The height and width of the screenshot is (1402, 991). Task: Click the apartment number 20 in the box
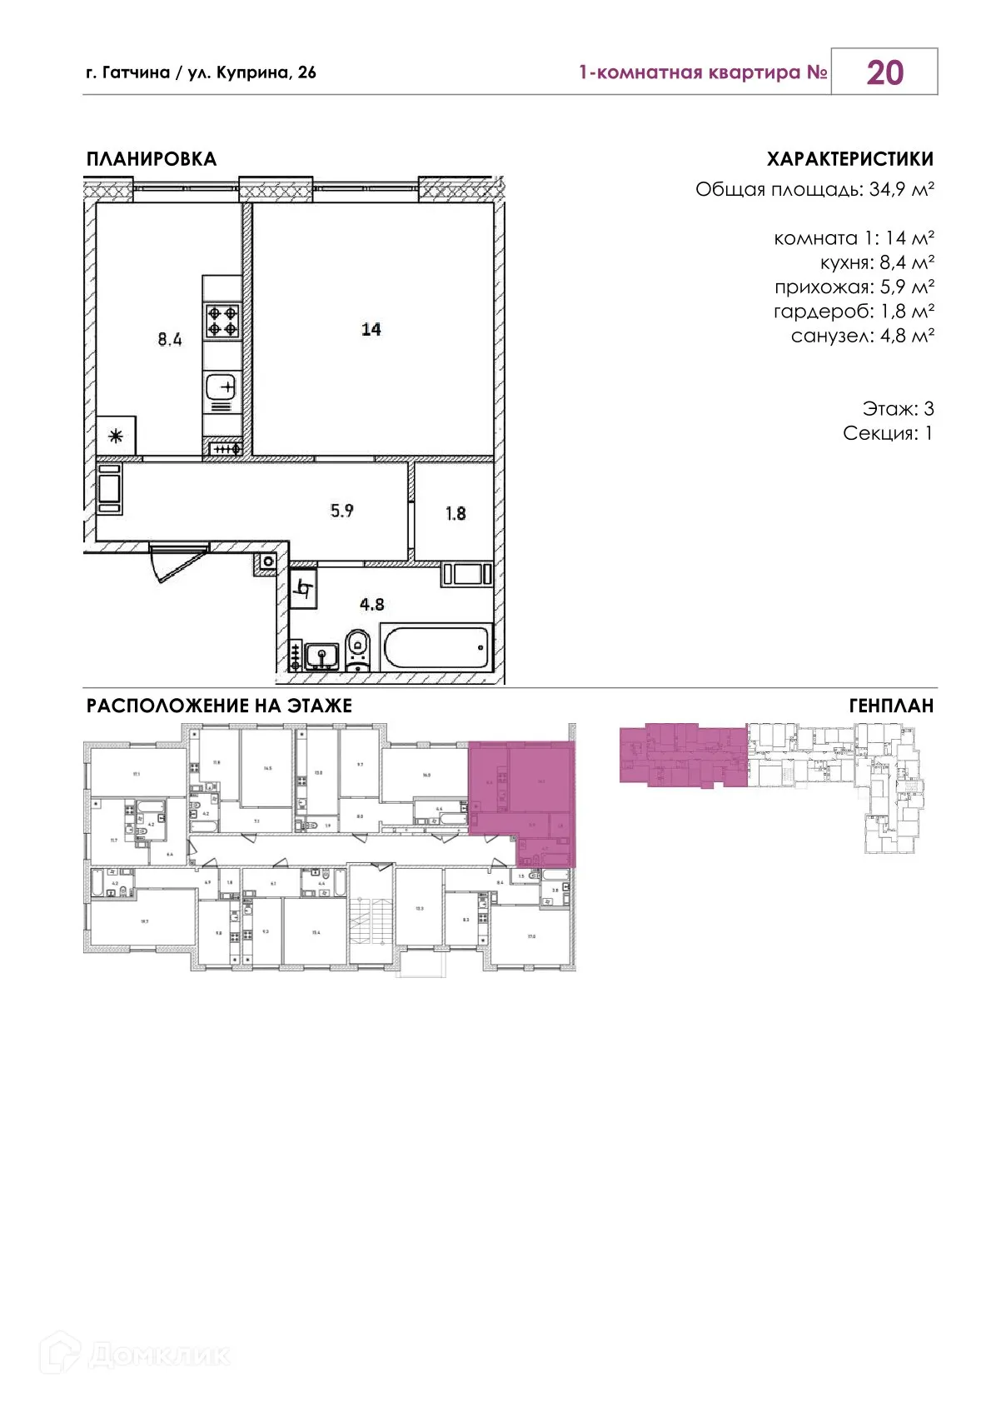pos(884,72)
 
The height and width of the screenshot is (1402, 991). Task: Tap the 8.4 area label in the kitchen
pos(170,339)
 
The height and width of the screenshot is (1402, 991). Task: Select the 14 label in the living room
pos(371,329)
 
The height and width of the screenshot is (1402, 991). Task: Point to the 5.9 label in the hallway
pos(342,511)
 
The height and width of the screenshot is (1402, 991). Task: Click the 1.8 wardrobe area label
pos(456,513)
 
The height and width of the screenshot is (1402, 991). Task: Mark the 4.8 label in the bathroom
pos(371,604)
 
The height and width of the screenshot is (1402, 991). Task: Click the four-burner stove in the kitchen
pos(223,321)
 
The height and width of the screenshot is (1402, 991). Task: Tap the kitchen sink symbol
pos(222,387)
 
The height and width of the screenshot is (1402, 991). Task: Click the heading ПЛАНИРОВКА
pos(152,159)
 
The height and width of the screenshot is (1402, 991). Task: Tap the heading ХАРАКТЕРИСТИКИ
pos(849,159)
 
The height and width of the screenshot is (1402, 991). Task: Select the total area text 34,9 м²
pos(901,189)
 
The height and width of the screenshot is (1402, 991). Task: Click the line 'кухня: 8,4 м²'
pos(876,262)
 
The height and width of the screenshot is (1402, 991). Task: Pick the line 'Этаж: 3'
pos(897,408)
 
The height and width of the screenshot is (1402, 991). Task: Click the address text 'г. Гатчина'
pos(127,72)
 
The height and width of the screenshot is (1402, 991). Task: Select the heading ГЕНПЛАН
pos(890,706)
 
